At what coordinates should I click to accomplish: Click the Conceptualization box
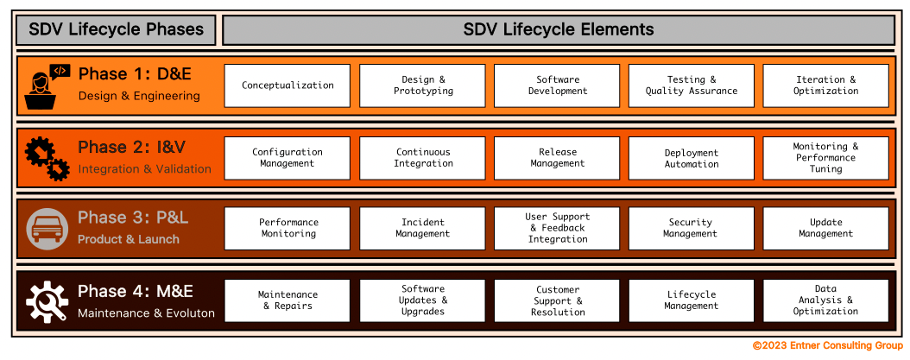pos(288,85)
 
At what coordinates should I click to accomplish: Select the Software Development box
pos(557,85)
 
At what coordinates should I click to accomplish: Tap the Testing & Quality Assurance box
pos(692,85)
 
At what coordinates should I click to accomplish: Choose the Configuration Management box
pos(288,158)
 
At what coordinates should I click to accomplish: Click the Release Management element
pos(557,158)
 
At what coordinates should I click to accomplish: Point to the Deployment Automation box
pos(692,158)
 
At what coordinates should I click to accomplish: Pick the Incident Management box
pos(422,228)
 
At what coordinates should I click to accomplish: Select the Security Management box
pos(692,228)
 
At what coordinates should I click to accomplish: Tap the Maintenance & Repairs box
pos(288,300)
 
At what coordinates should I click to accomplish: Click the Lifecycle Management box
pos(692,300)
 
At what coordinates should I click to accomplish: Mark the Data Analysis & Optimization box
pos(826,300)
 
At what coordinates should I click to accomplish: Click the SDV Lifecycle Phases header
pos(117,29)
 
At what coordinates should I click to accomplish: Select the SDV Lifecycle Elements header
pos(559,29)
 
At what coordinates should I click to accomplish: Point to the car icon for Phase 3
pos(47,229)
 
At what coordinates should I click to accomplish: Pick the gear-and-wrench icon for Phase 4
pos(47,301)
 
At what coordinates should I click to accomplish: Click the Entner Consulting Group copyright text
pos(827,346)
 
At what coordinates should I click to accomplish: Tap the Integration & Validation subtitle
pos(144,169)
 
